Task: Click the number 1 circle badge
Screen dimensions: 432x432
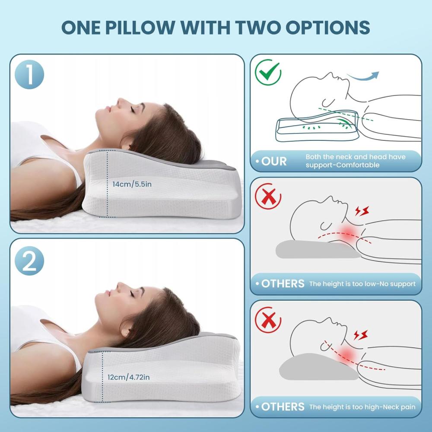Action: tap(29, 74)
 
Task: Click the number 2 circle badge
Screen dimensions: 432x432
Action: tap(29, 260)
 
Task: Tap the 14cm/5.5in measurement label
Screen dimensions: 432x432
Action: tap(132, 184)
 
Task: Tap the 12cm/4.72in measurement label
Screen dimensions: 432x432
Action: tap(129, 377)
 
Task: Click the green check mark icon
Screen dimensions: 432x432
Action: tap(268, 72)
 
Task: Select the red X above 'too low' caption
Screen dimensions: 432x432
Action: tap(268, 196)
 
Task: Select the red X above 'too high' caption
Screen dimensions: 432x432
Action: tap(268, 320)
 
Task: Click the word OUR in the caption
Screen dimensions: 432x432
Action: tap(274, 162)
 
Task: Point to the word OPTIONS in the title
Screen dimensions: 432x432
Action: tap(327, 27)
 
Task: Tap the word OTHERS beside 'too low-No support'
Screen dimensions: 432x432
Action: tap(283, 283)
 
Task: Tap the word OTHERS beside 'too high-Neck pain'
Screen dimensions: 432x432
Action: tap(283, 407)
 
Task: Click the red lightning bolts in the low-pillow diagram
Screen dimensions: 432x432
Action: tap(362, 211)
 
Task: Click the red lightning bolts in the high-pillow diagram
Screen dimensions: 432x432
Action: tap(361, 335)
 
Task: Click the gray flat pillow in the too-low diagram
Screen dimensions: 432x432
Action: tap(317, 249)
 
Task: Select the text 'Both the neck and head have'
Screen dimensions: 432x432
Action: tap(356, 157)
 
